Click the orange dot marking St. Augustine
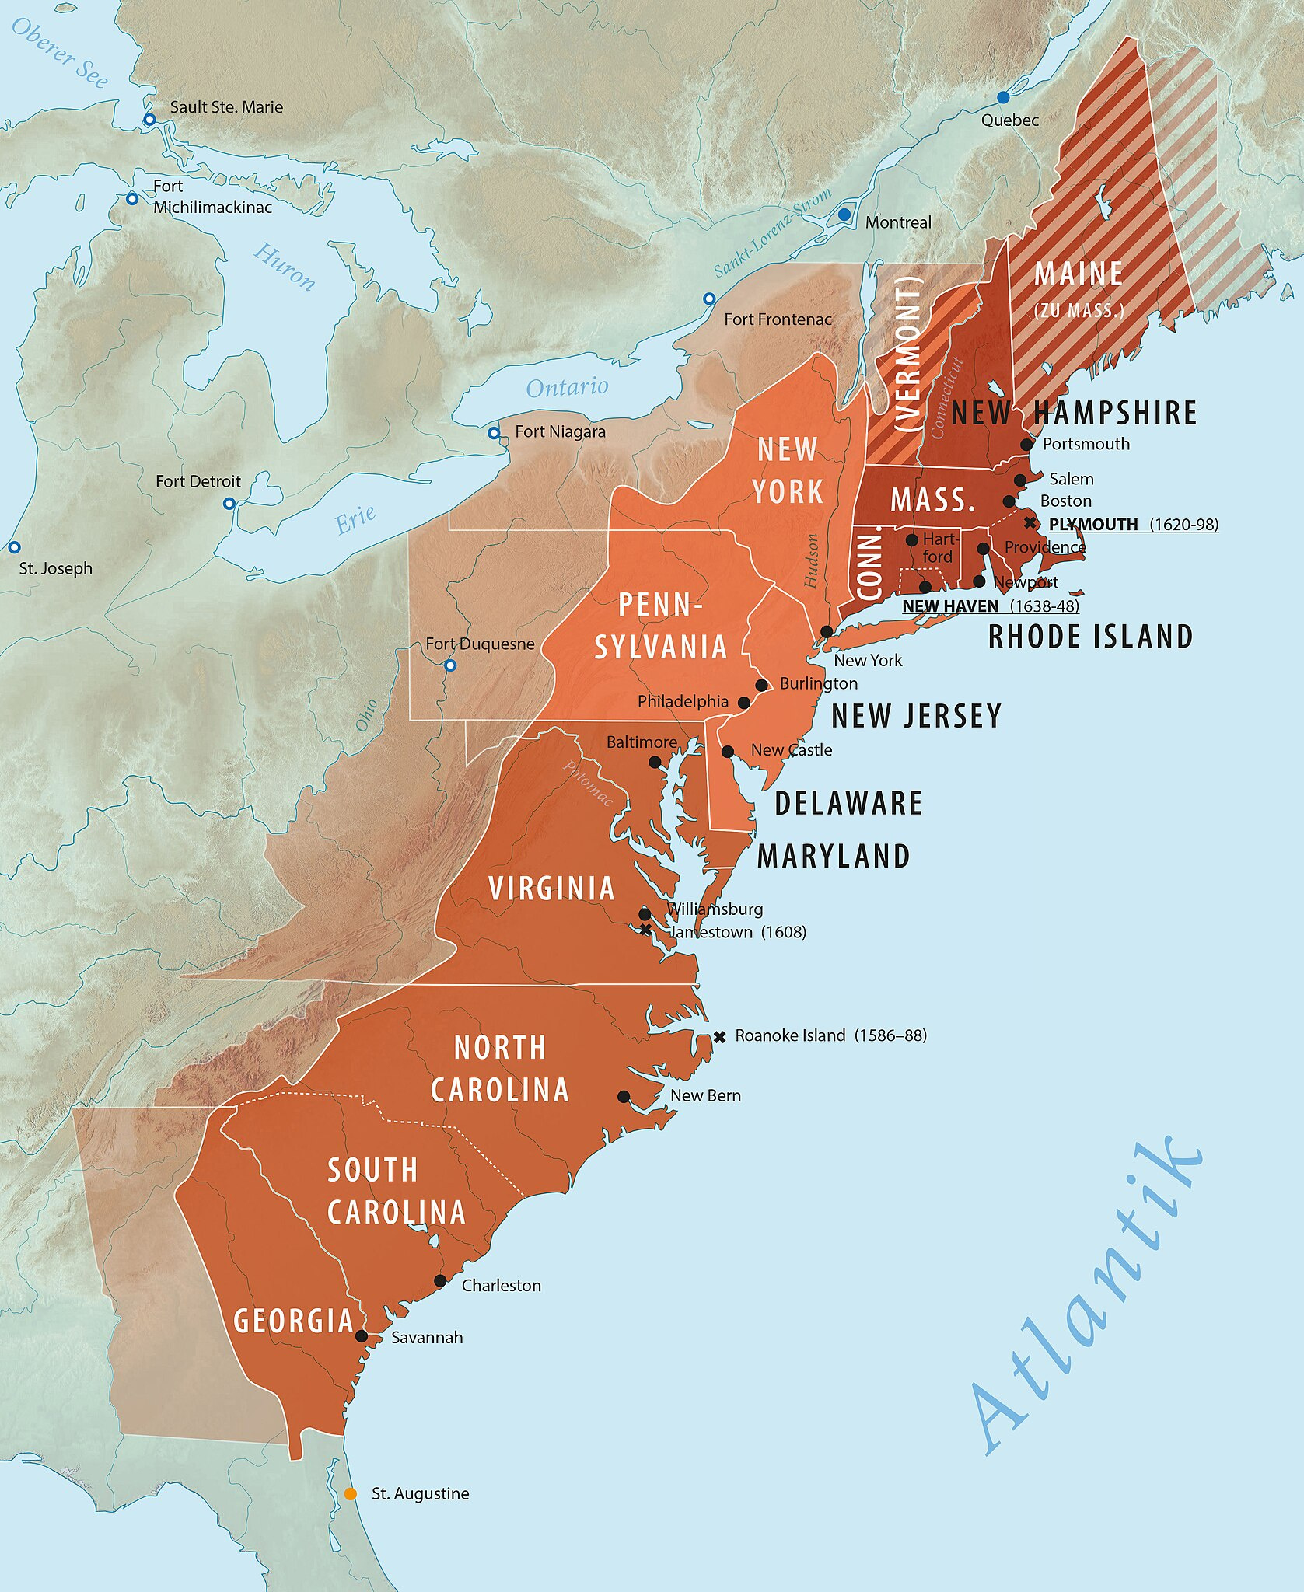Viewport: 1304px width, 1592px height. coord(351,1493)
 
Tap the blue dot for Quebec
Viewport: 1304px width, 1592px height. coord(1003,97)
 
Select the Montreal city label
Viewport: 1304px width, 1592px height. coord(898,222)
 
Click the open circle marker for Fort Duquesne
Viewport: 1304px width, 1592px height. coord(449,665)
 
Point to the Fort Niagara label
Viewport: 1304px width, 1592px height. coord(560,431)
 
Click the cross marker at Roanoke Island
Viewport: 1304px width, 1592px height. coord(719,1036)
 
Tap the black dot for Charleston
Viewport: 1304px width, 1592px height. coord(440,1280)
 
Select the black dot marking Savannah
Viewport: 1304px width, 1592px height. coord(362,1335)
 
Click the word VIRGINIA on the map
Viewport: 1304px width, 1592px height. coord(551,889)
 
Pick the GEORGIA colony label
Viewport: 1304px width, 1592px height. coord(294,1321)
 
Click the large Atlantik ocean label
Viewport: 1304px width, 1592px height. coord(1089,1298)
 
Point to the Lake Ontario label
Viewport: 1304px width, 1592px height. coord(567,386)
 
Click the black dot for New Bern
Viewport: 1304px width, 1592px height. coord(624,1096)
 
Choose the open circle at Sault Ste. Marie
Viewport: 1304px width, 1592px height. coord(149,120)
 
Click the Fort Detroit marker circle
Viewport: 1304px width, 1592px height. coord(229,504)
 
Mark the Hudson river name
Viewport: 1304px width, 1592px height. coord(811,560)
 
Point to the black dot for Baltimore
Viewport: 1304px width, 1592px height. coord(655,763)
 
